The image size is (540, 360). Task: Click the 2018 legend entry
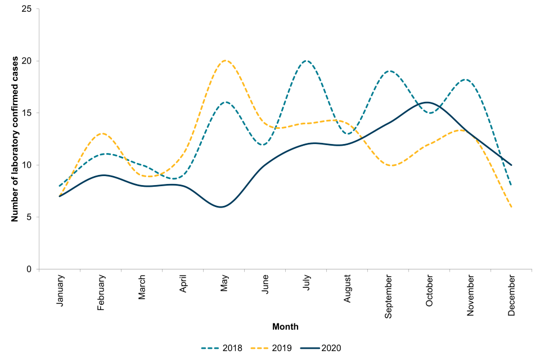click(x=222, y=348)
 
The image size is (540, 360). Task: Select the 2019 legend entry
click(x=271, y=348)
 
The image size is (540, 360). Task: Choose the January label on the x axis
click(x=60, y=290)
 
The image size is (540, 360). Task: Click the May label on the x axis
click(x=225, y=283)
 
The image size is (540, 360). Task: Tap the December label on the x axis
click(x=512, y=295)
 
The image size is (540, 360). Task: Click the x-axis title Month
click(x=285, y=327)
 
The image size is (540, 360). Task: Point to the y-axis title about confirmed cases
click(x=15, y=139)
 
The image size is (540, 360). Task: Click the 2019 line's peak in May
click(x=225, y=61)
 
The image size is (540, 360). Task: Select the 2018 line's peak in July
click(x=307, y=61)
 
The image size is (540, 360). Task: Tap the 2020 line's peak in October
click(x=429, y=102)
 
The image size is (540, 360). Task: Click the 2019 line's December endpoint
click(x=511, y=207)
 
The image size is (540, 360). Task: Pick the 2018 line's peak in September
click(x=389, y=71)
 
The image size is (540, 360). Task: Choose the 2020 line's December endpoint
click(x=511, y=165)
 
